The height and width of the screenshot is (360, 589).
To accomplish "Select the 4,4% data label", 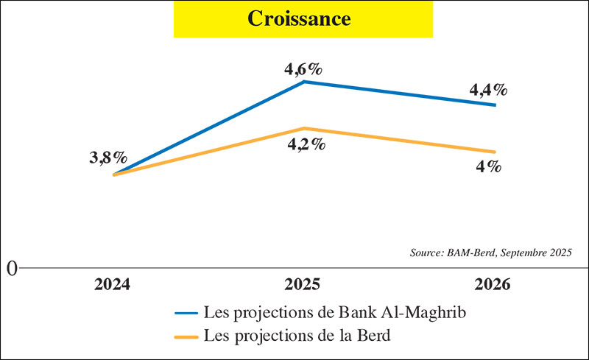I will coord(488,91).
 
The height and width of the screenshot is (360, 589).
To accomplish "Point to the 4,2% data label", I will coord(304,144).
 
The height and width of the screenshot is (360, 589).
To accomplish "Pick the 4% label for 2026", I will coord(488,166).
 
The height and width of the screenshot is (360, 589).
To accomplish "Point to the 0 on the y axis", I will coord(13,268).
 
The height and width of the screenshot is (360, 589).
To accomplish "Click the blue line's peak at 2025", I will coord(305,82).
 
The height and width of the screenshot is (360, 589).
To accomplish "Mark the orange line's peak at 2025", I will coord(305,128).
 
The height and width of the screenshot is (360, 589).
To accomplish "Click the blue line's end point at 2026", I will coord(495,105).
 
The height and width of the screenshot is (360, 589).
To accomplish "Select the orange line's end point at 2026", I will coord(495,152).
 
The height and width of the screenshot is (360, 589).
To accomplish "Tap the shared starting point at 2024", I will coord(113,174).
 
